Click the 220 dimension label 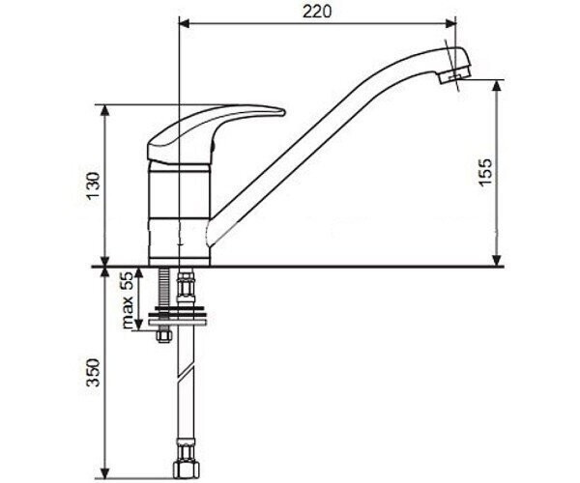pyautogui.click(x=317, y=12)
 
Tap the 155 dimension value pyautogui.click(x=485, y=173)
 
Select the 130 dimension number pyautogui.click(x=93, y=185)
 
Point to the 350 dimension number pyautogui.click(x=93, y=372)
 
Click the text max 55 pyautogui.click(x=128, y=300)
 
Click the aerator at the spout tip pyautogui.click(x=453, y=76)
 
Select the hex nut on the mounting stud pyautogui.click(x=164, y=336)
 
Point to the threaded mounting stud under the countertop pyautogui.click(x=164, y=288)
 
